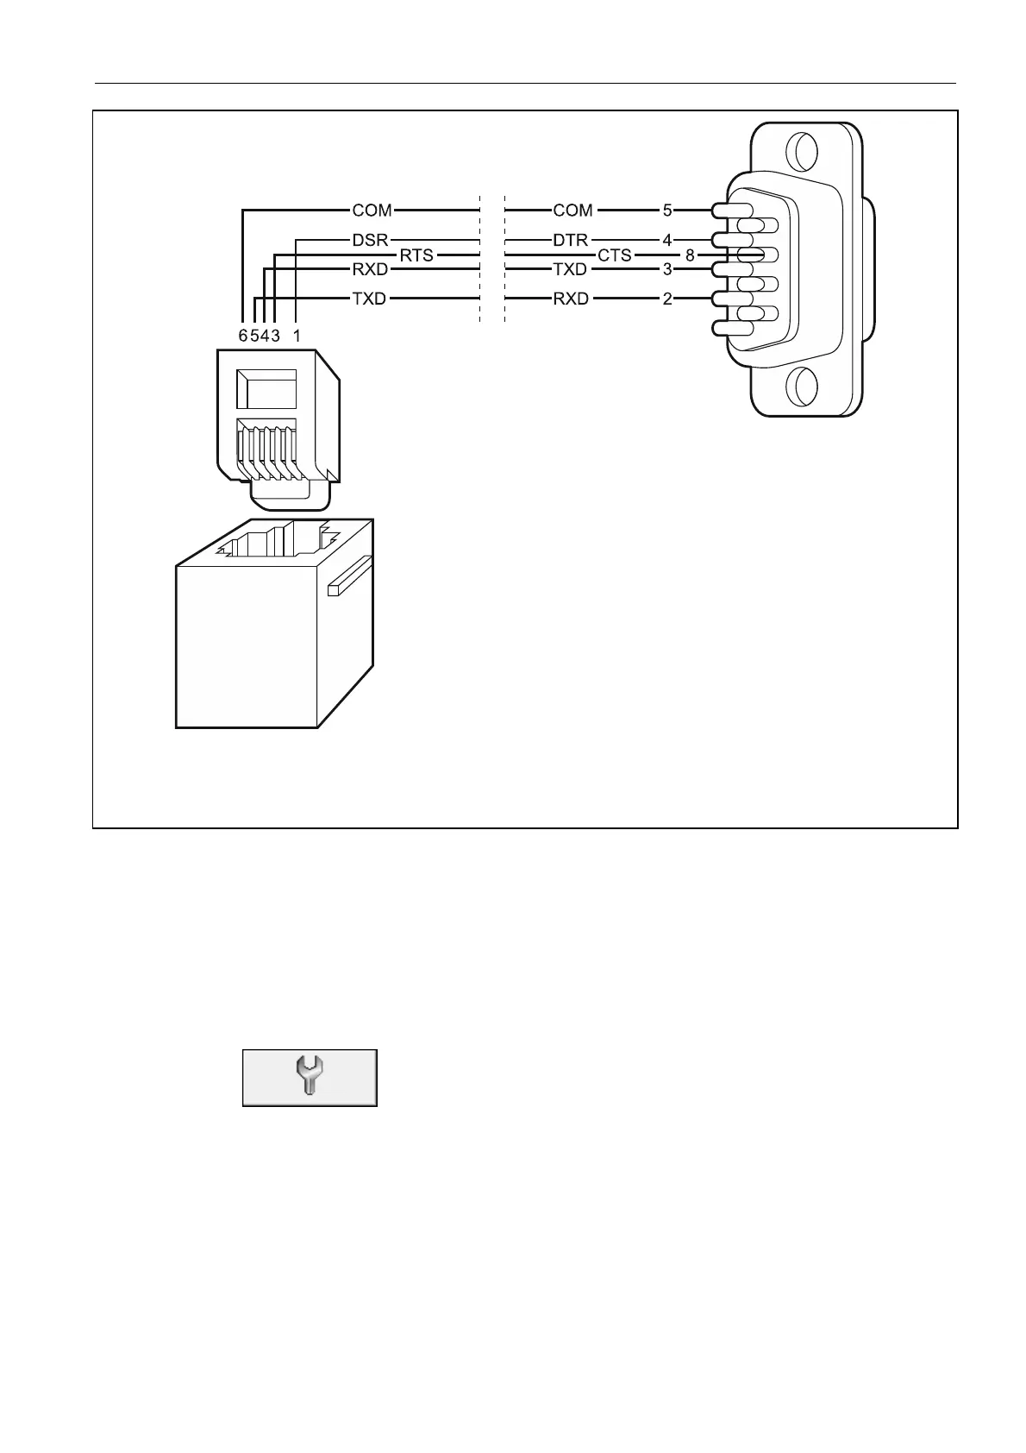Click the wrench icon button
310,1078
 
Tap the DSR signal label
371,240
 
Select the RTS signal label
416,255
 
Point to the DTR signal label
570,240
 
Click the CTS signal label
615,255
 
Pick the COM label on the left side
372,210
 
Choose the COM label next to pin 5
572,210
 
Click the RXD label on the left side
371,269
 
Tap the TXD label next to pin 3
570,269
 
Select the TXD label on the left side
370,299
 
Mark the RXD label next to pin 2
571,299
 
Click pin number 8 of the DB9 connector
690,255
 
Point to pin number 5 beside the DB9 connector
667,210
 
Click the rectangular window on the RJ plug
266,389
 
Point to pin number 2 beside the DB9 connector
667,299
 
